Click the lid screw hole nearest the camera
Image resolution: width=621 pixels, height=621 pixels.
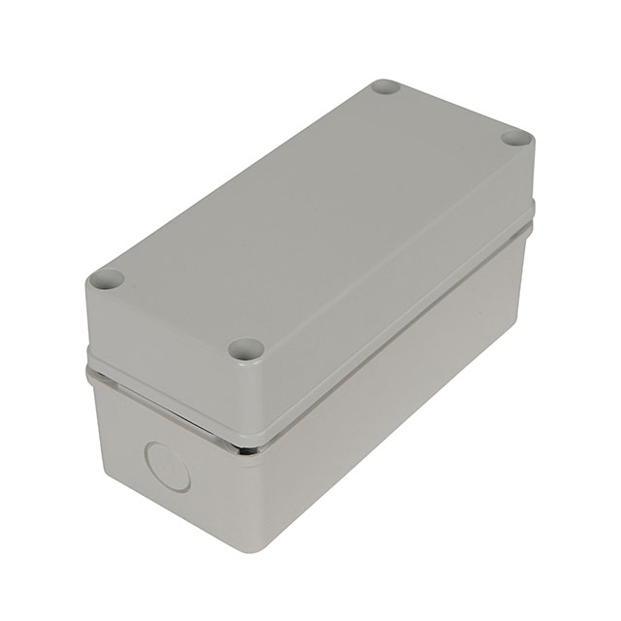[246, 348]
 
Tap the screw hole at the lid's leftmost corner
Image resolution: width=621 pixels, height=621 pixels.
[106, 280]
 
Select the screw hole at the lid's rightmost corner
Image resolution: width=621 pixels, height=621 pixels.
[518, 139]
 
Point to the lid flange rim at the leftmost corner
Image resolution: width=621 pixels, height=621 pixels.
[88, 370]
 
